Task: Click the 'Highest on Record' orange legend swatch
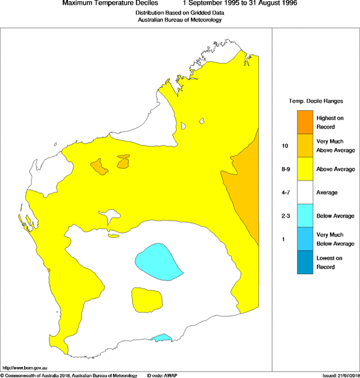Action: click(305, 122)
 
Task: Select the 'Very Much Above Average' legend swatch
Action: click(305, 145)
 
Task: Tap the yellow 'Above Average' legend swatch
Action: click(305, 169)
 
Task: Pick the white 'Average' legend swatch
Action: click(305, 192)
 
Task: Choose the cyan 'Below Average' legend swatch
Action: click(305, 216)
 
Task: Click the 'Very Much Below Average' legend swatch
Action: click(305, 239)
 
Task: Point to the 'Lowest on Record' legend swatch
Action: click(305, 263)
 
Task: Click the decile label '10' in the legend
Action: click(285, 146)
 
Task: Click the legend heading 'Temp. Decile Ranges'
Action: click(316, 101)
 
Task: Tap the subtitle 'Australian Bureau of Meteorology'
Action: click(179, 20)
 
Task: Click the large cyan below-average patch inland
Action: click(156, 260)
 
